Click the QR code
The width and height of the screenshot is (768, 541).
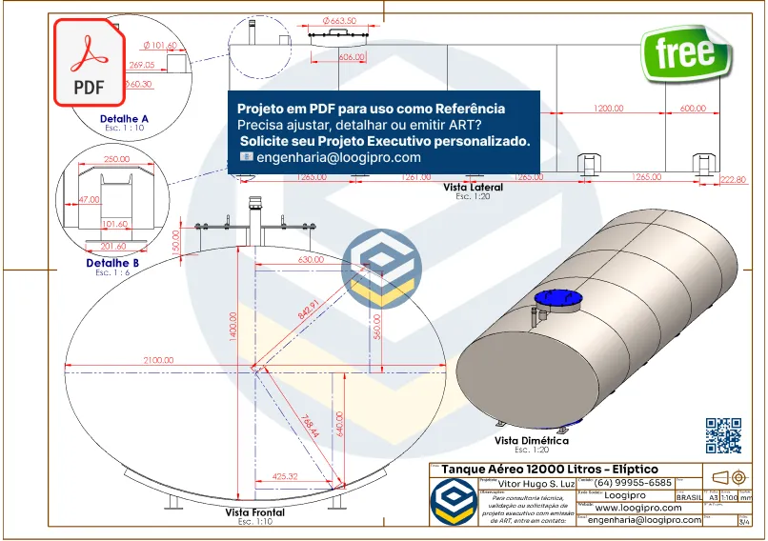click(723, 435)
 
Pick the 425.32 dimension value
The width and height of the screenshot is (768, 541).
click(285, 476)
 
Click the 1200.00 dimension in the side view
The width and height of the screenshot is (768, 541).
click(608, 109)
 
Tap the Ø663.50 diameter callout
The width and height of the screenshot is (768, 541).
click(339, 20)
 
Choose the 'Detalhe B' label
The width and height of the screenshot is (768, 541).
click(112, 263)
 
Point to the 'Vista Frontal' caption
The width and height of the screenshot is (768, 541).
click(254, 512)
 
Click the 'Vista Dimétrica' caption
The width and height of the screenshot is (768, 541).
click(532, 441)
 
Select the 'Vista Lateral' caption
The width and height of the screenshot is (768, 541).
click(473, 188)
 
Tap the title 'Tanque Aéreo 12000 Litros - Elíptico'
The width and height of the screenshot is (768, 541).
click(549, 470)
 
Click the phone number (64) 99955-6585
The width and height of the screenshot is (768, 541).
click(633, 482)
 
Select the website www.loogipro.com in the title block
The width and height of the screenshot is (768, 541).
click(636, 508)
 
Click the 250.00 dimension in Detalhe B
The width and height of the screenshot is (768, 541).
click(116, 159)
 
